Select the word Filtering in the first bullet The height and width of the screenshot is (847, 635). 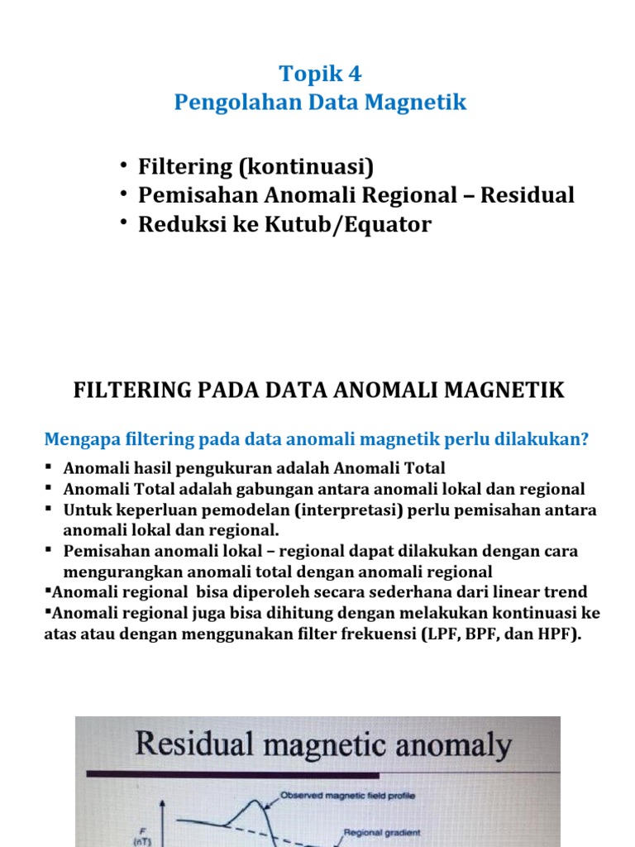[x=186, y=167]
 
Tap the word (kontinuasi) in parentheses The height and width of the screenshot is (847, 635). [x=307, y=167]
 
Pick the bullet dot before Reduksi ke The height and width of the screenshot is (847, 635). [x=123, y=224]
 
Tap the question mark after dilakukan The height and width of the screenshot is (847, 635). [x=585, y=439]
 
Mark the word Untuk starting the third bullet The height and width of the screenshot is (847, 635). [x=86, y=510]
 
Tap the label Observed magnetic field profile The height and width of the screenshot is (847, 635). [x=347, y=796]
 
